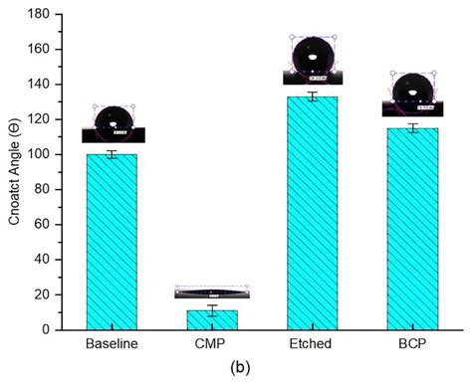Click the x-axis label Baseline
[112, 343]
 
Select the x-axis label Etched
[312, 343]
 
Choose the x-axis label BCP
[411, 343]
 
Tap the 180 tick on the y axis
[42, 14]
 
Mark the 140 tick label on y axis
[42, 85]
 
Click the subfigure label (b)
[241, 366]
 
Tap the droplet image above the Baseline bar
[114, 124]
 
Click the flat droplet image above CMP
[211, 292]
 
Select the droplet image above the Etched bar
[313, 62]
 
